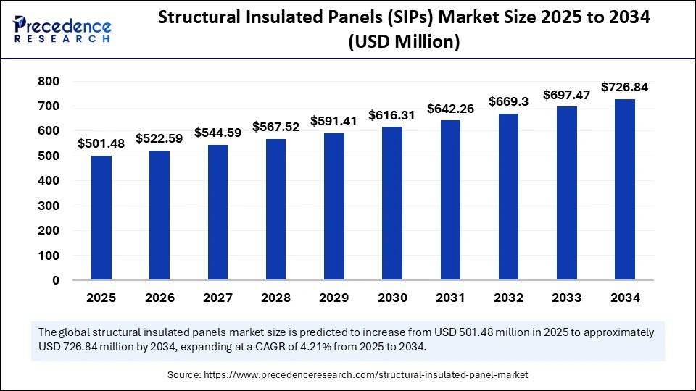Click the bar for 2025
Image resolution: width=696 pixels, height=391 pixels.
tap(101, 218)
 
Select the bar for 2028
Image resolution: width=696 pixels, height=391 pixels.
tap(276, 210)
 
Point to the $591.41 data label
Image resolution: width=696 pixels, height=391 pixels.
tap(333, 121)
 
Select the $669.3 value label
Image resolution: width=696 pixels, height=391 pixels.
tap(508, 102)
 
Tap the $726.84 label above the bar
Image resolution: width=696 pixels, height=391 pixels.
tap(624, 88)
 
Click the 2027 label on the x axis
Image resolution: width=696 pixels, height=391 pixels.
tap(217, 298)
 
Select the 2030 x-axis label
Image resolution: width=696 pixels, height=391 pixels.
tap(392, 298)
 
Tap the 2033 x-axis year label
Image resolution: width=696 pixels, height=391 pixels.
tap(566, 298)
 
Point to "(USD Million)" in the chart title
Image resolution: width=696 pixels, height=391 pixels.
tap(405, 43)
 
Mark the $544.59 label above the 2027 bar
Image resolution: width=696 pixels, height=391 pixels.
tap(217, 133)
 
